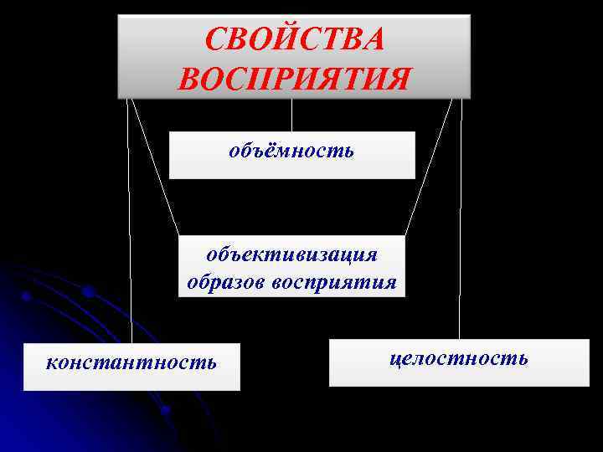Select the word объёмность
click(x=291, y=152)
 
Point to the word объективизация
click(x=292, y=253)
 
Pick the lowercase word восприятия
click(x=334, y=280)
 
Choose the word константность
click(x=131, y=362)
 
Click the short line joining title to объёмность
click(x=291, y=115)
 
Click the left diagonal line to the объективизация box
click(x=156, y=167)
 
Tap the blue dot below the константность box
click(x=165, y=409)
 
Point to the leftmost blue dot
click(x=26, y=296)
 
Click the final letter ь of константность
click(x=212, y=362)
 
